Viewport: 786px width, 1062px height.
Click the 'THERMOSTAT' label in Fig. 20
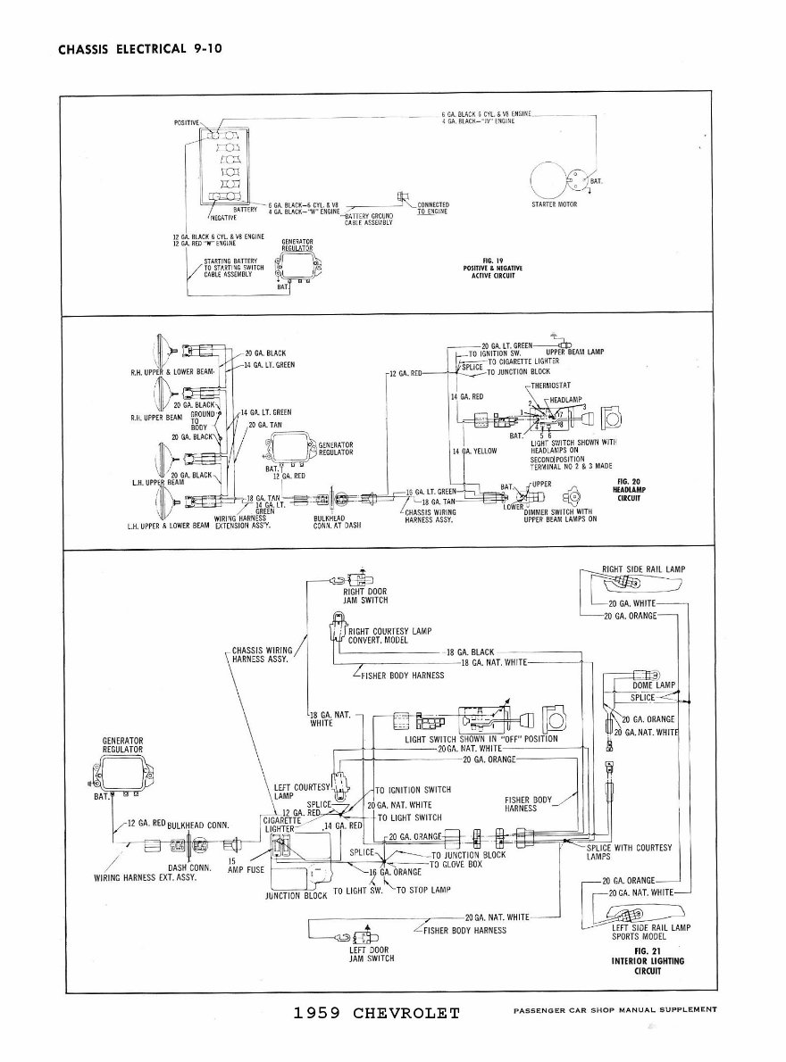[x=551, y=386]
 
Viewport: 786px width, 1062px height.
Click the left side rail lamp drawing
[x=638, y=914]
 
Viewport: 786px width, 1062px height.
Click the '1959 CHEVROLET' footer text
[x=376, y=1013]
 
